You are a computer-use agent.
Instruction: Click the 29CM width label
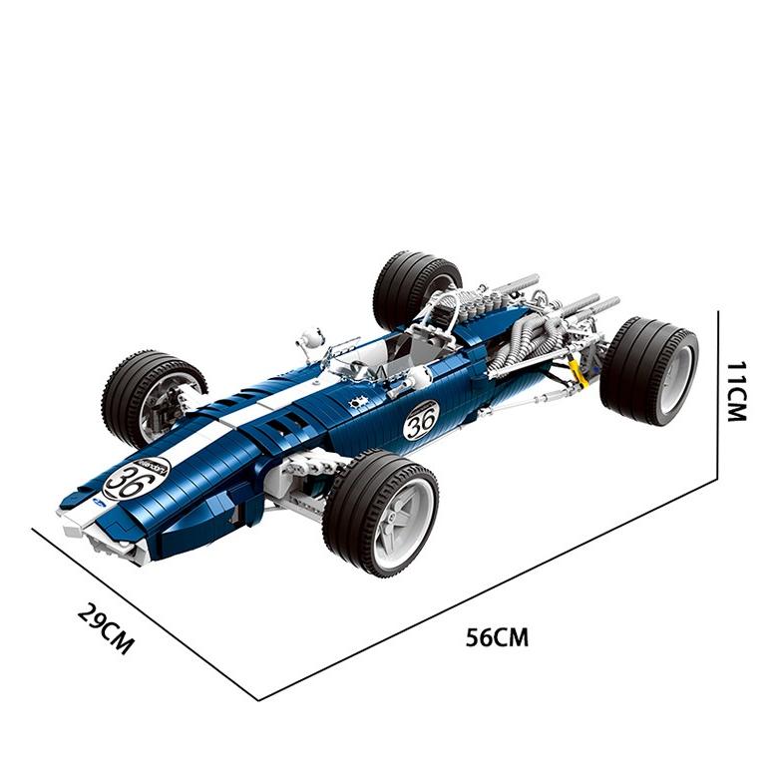point(105,629)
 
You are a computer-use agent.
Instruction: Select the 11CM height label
point(736,391)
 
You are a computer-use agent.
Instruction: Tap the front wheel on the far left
point(153,396)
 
